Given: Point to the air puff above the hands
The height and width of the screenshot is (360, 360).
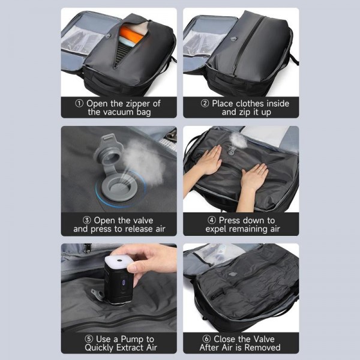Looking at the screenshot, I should [238, 139].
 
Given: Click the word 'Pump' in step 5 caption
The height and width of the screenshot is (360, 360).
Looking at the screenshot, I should [128, 338].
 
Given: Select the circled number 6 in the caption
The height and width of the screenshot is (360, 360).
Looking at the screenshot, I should [205, 338].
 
